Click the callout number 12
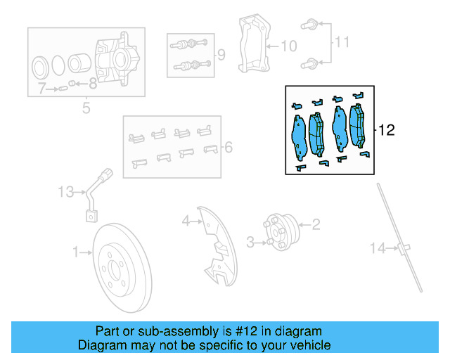tap(387, 130)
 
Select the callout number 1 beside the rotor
tap(76, 250)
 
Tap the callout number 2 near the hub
tap(316, 225)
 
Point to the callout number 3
tap(250, 243)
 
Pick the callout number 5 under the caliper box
tap(86, 108)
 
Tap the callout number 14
tap(379, 247)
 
